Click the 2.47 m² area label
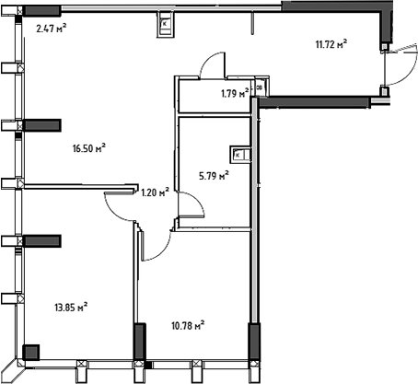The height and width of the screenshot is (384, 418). [52, 29]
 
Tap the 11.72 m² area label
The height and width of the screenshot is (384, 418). [331, 42]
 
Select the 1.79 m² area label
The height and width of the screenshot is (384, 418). [236, 92]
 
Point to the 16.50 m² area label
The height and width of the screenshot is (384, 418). [88, 146]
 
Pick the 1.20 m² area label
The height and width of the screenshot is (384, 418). [154, 192]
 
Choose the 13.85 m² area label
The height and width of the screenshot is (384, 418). [70, 306]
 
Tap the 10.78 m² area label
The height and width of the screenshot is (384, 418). [187, 324]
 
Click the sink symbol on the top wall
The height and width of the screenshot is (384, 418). [164, 23]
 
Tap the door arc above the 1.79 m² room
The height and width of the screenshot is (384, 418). [212, 66]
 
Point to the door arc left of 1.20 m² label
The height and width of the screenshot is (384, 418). [121, 204]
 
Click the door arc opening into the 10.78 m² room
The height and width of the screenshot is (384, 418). [156, 243]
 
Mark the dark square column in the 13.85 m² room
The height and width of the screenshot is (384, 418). [30, 352]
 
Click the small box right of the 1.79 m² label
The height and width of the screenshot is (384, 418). [259, 87]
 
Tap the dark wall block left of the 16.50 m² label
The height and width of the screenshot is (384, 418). [41, 125]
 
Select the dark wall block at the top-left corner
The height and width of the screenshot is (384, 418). [41, 11]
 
